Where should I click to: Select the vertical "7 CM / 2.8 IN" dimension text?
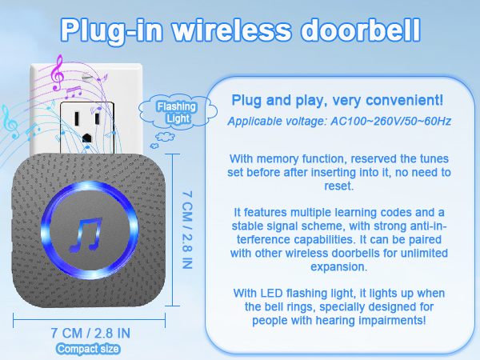(188, 229)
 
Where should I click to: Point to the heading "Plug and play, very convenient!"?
(336, 101)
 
